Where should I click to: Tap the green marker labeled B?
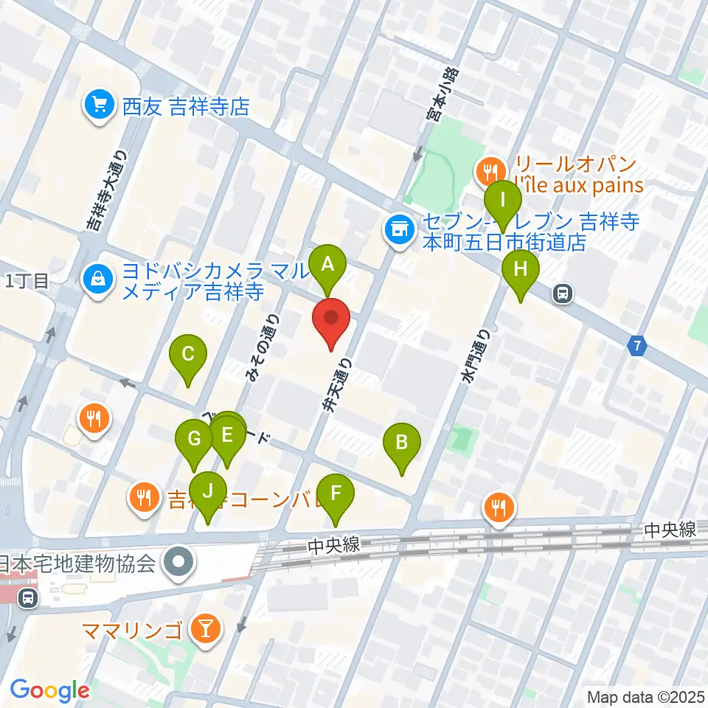(x=402, y=443)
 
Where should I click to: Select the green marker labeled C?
(x=188, y=355)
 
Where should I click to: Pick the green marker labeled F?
(x=336, y=492)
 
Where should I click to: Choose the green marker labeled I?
(x=504, y=200)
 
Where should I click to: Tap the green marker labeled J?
(x=209, y=490)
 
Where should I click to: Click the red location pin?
(x=331, y=319)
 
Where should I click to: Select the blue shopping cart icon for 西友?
(x=97, y=106)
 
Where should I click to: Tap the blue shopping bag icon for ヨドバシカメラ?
(x=97, y=278)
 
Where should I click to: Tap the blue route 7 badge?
(x=637, y=344)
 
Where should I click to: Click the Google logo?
(x=49, y=690)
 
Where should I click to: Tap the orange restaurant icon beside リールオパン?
(x=487, y=173)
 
